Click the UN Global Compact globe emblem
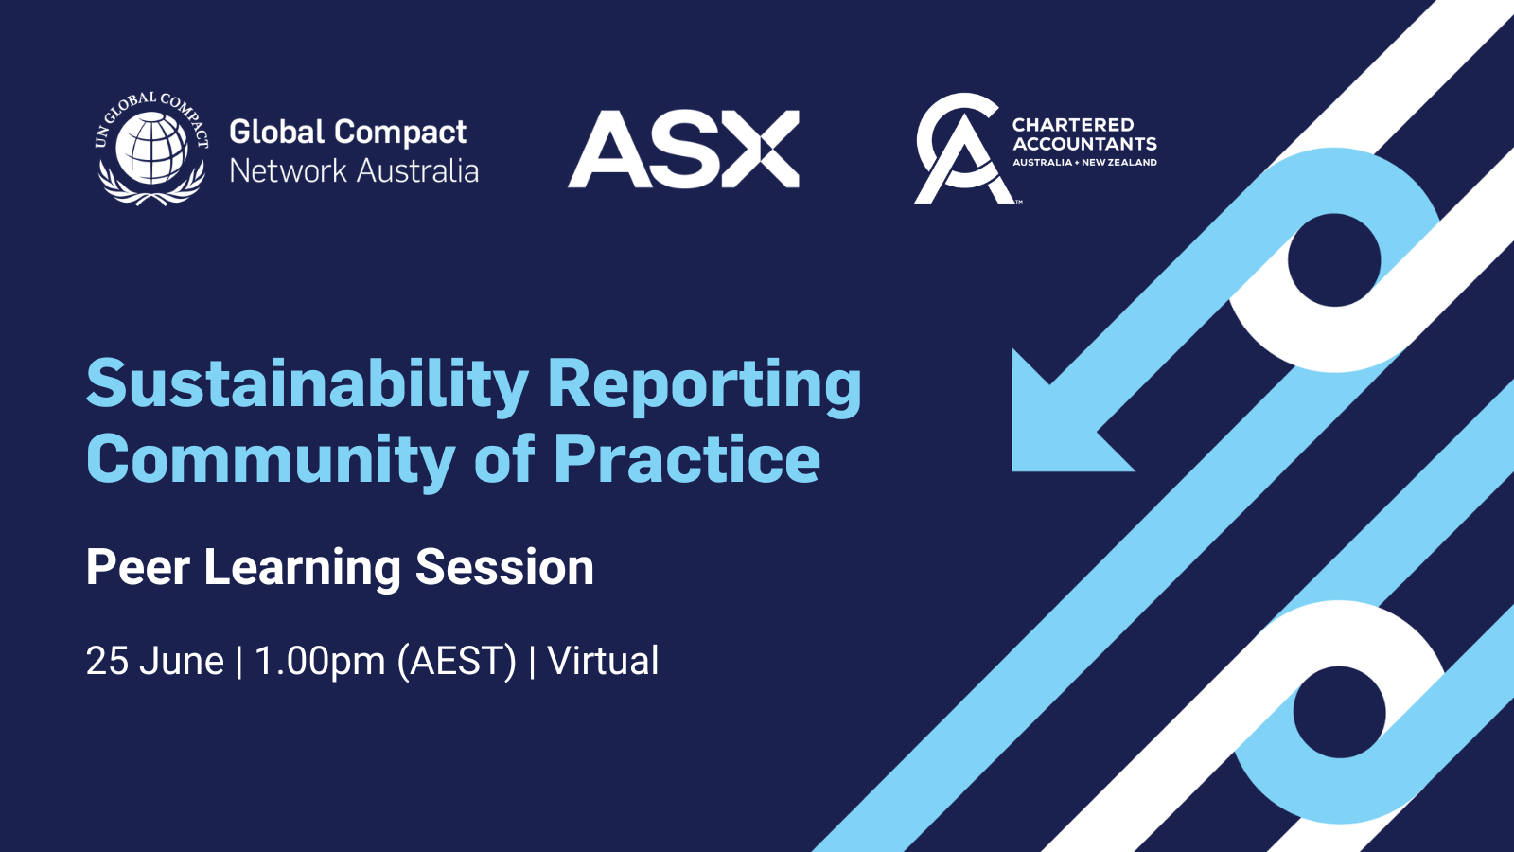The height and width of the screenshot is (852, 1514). coord(152,150)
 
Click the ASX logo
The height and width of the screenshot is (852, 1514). coord(683,150)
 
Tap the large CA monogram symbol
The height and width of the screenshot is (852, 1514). coord(959,149)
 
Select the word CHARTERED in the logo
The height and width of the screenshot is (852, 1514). coord(1072,125)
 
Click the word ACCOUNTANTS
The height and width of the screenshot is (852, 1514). coord(1084,144)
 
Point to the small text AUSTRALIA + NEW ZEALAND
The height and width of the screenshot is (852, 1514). coord(1084,163)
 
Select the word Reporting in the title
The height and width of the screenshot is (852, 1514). coord(704,385)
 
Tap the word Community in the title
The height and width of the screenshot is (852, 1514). coord(271,461)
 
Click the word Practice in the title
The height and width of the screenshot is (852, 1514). coord(686,461)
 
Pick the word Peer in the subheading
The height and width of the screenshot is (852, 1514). coord(138,568)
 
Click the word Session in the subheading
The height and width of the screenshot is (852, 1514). coord(504,568)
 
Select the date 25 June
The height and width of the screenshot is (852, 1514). coord(154,661)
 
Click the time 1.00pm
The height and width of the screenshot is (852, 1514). coord(320,661)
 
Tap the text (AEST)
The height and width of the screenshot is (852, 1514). coord(457,661)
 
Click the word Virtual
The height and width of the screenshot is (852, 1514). coord(603,661)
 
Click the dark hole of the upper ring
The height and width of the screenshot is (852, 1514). coord(1334,260)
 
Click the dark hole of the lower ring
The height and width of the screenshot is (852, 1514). coord(1339,712)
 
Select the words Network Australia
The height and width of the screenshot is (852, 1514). coord(354,171)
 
